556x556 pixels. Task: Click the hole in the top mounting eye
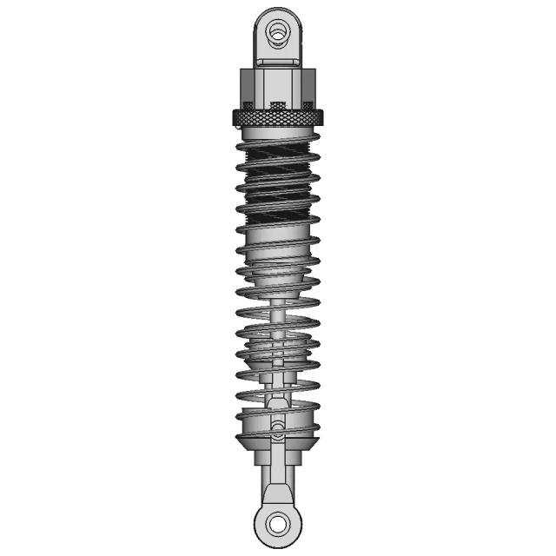click(x=278, y=32)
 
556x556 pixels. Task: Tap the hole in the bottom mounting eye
click(x=278, y=523)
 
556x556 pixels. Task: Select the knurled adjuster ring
click(x=278, y=118)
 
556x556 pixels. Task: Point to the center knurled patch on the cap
click(x=278, y=106)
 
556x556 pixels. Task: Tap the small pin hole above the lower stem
click(x=278, y=427)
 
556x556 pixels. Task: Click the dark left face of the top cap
click(x=246, y=87)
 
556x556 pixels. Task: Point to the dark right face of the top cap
click(x=310, y=87)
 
